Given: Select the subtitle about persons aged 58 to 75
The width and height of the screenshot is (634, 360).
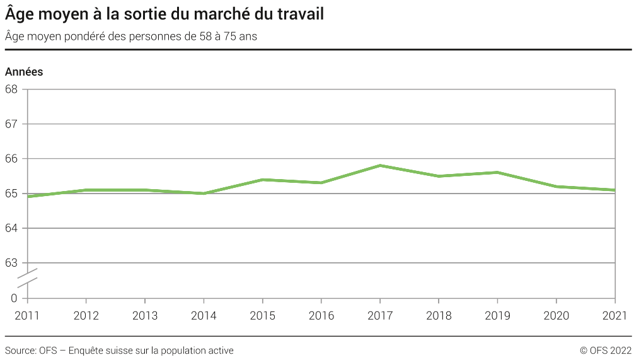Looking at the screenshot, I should pyautogui.click(x=130, y=36).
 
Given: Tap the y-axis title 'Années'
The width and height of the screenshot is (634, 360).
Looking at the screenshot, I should pyautogui.click(x=24, y=72).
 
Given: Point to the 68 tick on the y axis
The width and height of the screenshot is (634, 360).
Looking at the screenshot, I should pyautogui.click(x=11, y=89).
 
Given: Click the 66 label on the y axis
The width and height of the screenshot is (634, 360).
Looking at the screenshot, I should pyautogui.click(x=11, y=159).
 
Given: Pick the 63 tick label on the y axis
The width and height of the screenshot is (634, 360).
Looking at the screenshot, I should pyautogui.click(x=11, y=263).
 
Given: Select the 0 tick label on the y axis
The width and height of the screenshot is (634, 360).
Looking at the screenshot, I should pyautogui.click(x=14, y=298).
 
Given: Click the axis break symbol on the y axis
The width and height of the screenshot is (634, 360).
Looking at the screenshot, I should pyautogui.click(x=27, y=278).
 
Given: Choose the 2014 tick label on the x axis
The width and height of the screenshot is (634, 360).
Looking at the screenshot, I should pyautogui.click(x=204, y=315).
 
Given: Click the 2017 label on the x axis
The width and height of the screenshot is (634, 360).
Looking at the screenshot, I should pyautogui.click(x=380, y=315).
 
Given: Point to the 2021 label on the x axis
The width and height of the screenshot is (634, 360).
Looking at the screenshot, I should pyautogui.click(x=614, y=315).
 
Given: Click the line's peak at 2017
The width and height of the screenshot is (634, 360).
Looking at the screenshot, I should pyautogui.click(x=380, y=165).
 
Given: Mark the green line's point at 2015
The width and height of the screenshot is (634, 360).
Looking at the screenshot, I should pyautogui.click(x=263, y=180).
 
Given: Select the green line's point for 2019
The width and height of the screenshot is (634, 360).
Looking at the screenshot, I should pyautogui.click(x=498, y=172).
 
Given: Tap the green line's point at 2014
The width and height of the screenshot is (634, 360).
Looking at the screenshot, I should pyautogui.click(x=204, y=194).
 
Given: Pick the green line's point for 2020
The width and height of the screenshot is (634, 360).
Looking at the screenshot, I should pyautogui.click(x=556, y=187).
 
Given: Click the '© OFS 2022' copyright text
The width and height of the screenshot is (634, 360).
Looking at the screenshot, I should pyautogui.click(x=605, y=351).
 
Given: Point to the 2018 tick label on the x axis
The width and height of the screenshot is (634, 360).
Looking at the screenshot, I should pyautogui.click(x=439, y=315).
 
